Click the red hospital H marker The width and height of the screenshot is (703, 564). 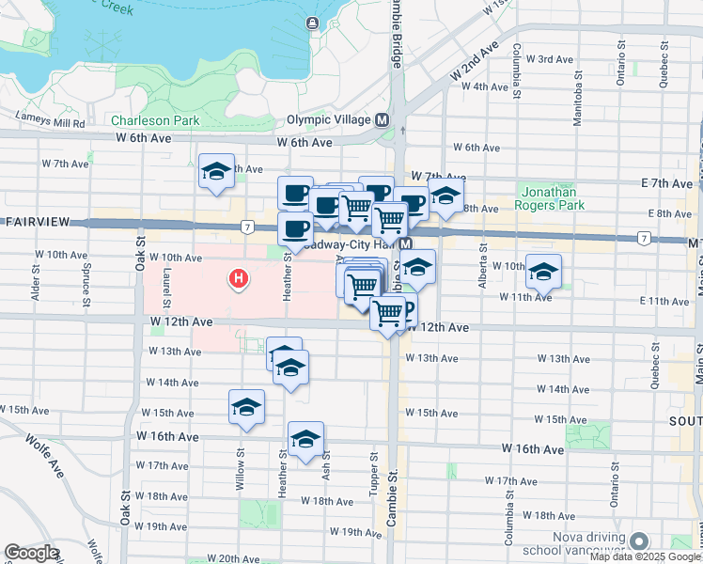pyautogui.click(x=240, y=277)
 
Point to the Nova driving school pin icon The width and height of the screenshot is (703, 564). pyautogui.click(x=640, y=541)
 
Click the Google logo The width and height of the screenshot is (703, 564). pyautogui.click(x=31, y=553)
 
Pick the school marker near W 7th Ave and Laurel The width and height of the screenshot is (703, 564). pyautogui.click(x=217, y=172)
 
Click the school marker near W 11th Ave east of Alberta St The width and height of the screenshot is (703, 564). pyautogui.click(x=543, y=272)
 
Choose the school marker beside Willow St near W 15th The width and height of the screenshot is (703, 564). pyautogui.click(x=246, y=407)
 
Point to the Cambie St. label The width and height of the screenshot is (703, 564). pyautogui.click(x=394, y=508)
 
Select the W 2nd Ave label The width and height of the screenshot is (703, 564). pyautogui.click(x=473, y=60)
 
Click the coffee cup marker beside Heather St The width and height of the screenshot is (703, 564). pyautogui.click(x=295, y=228)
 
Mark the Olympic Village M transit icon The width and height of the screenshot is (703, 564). pyautogui.click(x=383, y=120)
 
